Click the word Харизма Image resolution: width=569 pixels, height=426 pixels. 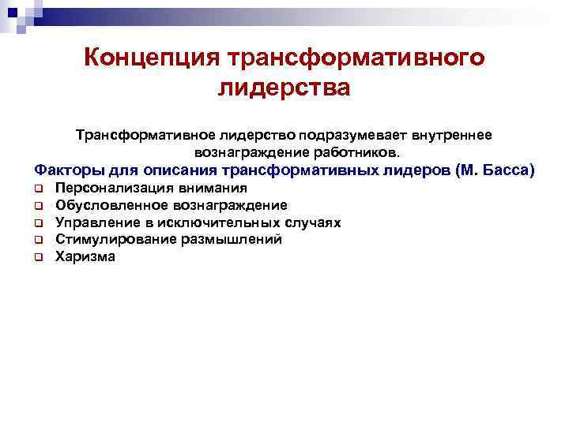coord(85,256)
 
